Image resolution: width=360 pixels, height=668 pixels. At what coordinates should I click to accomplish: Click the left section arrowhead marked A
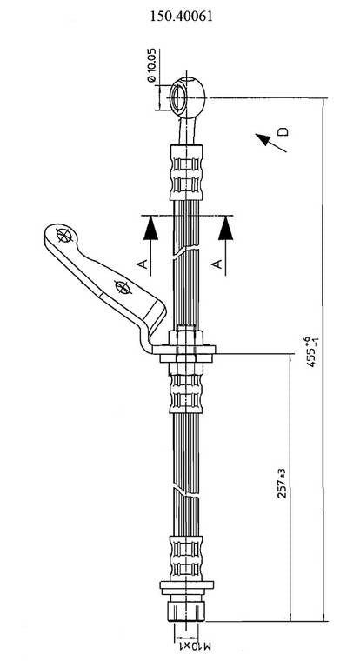coord(150,228)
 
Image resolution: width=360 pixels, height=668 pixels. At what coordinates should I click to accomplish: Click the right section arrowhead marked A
coord(227,228)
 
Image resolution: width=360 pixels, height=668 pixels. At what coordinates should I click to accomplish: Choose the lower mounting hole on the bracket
coord(121,287)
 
